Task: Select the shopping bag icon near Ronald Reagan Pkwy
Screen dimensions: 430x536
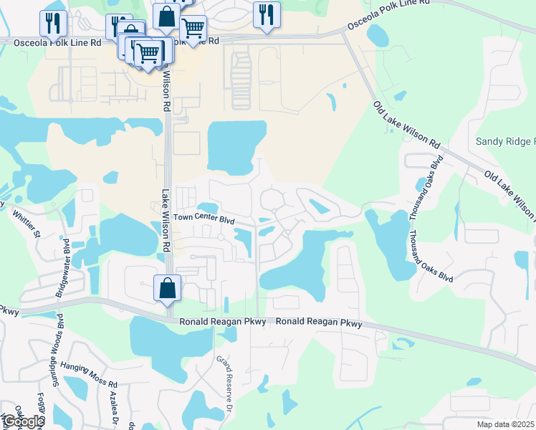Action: (x=167, y=288)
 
